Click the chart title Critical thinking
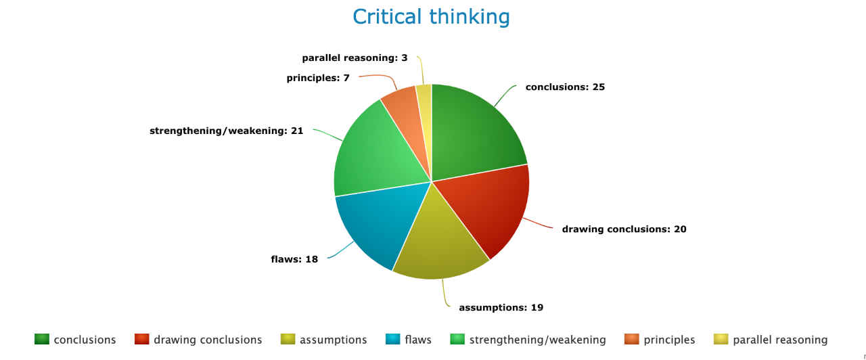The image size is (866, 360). point(431,17)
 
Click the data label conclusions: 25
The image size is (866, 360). point(565,87)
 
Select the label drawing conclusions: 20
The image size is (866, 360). point(624,229)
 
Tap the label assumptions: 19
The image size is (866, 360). point(501,308)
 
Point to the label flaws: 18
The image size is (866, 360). point(294,259)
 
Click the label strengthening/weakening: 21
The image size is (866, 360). point(226,131)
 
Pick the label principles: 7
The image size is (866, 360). point(318,78)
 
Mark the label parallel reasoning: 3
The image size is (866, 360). point(355,58)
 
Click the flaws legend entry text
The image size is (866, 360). point(418,340)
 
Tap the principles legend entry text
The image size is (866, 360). point(669,340)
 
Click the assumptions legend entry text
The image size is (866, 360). point(334,340)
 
